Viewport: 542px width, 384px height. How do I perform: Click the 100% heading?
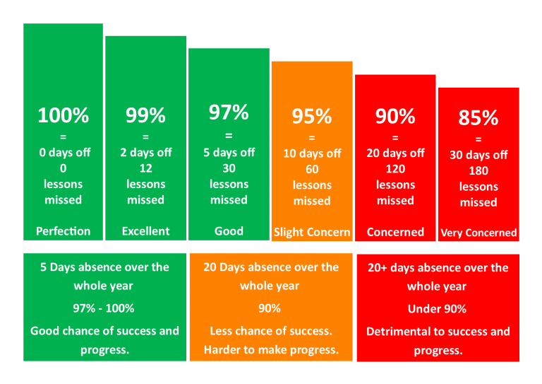(x=64, y=115)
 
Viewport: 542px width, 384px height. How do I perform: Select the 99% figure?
(x=145, y=115)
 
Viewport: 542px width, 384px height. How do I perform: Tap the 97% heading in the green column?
(x=229, y=112)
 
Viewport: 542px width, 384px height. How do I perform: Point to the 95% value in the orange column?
(x=312, y=117)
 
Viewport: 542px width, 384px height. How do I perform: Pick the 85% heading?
(x=478, y=118)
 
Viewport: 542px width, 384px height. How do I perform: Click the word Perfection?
(x=64, y=231)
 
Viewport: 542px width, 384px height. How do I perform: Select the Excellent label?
(x=145, y=231)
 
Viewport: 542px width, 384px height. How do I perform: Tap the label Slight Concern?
(x=312, y=233)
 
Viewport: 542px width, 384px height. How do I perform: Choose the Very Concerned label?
(x=478, y=233)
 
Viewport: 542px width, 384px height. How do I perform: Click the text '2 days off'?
(x=145, y=153)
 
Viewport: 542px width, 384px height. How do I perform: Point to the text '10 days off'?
(x=312, y=153)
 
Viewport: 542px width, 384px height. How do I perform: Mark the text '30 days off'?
(x=478, y=156)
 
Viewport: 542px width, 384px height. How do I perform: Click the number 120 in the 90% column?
(x=395, y=169)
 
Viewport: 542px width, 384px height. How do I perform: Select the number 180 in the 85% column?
(x=478, y=171)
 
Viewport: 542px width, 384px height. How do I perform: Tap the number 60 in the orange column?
(x=312, y=170)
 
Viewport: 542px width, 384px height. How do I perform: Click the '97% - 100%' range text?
(x=104, y=308)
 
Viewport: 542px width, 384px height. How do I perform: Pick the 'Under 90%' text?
(x=437, y=309)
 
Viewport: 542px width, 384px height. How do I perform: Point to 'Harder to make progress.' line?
(x=271, y=350)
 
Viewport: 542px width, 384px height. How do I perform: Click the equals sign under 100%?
(x=64, y=137)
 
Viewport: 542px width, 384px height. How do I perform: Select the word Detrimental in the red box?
(x=399, y=332)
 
